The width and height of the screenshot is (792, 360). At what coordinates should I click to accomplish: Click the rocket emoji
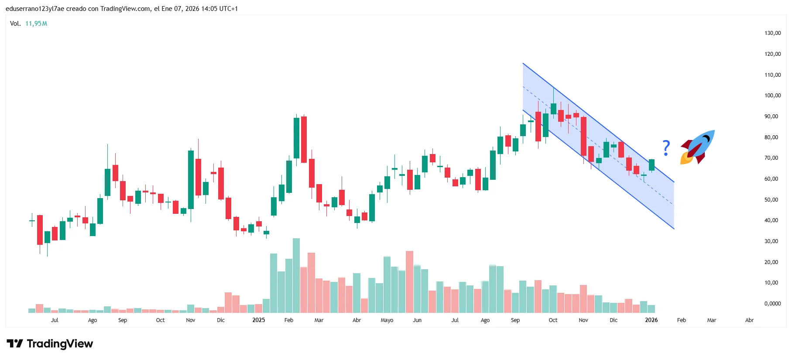coord(697,147)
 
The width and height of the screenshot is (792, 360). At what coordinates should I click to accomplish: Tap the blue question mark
coord(666,148)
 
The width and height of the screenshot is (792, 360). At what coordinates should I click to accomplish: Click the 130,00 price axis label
coord(772,33)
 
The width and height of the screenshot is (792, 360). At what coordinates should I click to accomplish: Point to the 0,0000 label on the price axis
coord(772,304)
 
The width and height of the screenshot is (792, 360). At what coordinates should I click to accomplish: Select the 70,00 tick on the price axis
coord(771,158)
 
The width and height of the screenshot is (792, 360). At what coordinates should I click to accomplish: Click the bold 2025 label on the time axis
coord(258,320)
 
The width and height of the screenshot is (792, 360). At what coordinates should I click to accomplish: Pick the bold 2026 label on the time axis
coord(651,320)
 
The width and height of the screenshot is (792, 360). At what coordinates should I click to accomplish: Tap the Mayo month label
coord(387,320)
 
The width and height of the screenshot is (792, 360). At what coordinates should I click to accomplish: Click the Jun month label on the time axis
coord(417,320)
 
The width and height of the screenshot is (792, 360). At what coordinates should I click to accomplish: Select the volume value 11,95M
coord(36,24)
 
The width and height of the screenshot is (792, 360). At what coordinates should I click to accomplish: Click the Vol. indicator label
coord(15,24)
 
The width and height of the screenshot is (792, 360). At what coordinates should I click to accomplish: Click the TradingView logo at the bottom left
coord(50,344)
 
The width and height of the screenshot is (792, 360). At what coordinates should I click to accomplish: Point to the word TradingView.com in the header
coord(125,9)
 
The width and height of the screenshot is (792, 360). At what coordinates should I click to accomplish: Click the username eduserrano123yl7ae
coord(35,9)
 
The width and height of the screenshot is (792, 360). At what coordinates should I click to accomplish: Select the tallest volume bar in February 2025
coord(296,275)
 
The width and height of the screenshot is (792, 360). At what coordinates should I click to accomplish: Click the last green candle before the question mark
coord(651,165)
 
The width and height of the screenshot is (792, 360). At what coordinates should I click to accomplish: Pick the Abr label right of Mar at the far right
coord(749,320)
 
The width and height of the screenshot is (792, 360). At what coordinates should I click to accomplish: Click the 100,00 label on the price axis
coord(772,96)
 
